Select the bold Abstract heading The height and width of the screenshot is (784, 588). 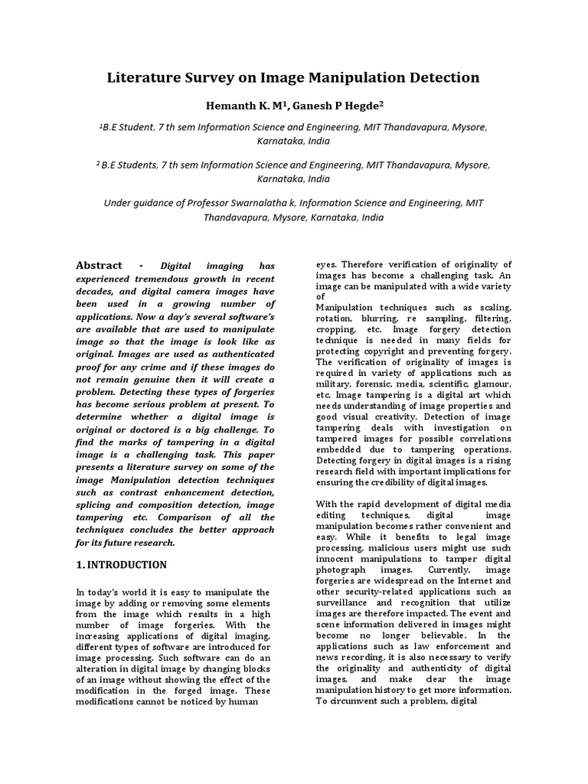click(99, 266)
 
